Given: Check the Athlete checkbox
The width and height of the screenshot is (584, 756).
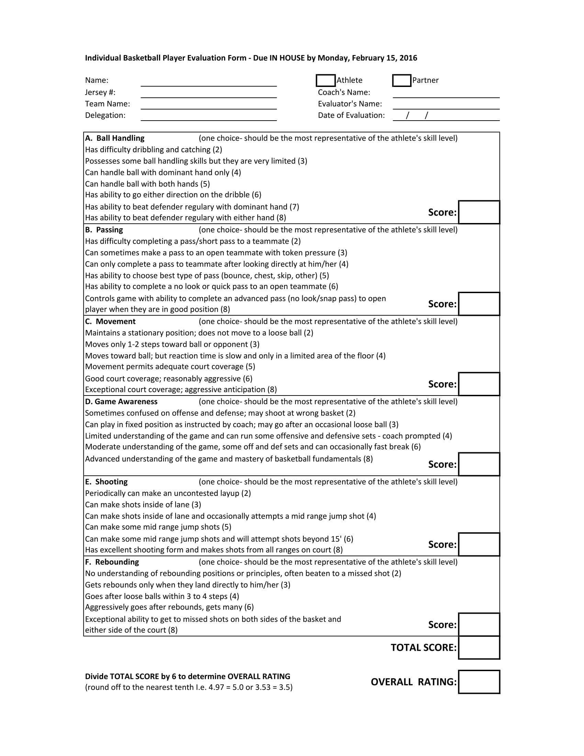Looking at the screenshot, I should pyautogui.click(x=325, y=80).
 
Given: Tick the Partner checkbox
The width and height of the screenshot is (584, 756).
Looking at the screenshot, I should pyautogui.click(x=401, y=80).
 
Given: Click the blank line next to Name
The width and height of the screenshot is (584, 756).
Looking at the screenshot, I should pyautogui.click(x=209, y=82).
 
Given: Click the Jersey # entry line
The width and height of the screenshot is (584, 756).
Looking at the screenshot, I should pyautogui.click(x=209, y=93).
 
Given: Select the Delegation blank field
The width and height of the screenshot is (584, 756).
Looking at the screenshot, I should pyautogui.click(x=209, y=116).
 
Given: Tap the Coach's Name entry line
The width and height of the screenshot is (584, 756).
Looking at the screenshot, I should pyautogui.click(x=446, y=93).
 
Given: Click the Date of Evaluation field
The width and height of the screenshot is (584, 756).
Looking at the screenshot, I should pyautogui.click(x=446, y=116).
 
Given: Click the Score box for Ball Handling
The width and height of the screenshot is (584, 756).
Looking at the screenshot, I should pyautogui.click(x=479, y=212).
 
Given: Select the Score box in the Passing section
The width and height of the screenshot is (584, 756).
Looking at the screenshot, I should pyautogui.click(x=479, y=304).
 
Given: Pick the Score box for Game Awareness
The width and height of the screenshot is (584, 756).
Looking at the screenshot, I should pyautogui.click(x=479, y=464).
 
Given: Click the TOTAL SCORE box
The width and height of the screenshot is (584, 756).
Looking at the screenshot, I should pyautogui.click(x=479, y=648).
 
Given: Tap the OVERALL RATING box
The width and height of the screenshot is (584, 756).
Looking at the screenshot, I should pyautogui.click(x=479, y=682).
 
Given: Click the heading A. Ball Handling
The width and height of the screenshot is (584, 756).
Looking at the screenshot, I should pyautogui.click(x=115, y=138).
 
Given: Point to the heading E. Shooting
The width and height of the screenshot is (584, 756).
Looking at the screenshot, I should pyautogui.click(x=106, y=482).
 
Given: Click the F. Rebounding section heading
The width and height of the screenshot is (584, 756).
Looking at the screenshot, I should pyautogui.click(x=112, y=562).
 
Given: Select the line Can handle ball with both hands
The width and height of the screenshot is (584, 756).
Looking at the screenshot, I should pyautogui.click(x=147, y=184).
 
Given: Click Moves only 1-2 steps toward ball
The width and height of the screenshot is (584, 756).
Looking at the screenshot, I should pyautogui.click(x=172, y=344).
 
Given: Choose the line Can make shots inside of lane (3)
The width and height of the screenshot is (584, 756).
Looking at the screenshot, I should pyautogui.click(x=143, y=505).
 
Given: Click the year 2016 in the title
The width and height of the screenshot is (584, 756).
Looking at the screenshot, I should pyautogui.click(x=408, y=58).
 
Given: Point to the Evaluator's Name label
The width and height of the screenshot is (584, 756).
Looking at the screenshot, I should pyautogui.click(x=350, y=104).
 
